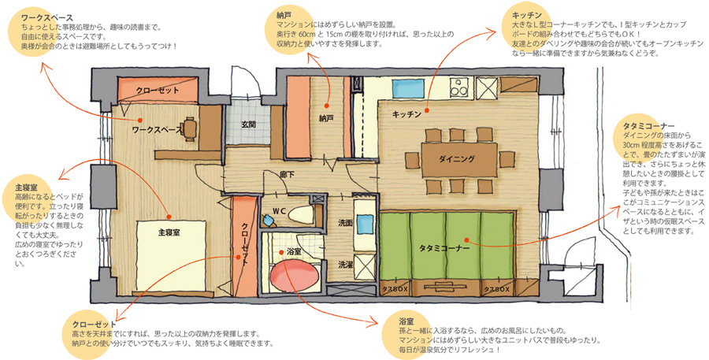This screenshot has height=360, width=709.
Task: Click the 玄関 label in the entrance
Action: [250, 124]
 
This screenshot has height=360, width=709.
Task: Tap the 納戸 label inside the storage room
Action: [326, 118]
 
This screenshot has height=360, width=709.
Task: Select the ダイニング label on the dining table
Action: [457, 159]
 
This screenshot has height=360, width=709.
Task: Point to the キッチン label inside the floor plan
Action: [406, 114]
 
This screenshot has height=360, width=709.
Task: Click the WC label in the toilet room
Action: [279, 211]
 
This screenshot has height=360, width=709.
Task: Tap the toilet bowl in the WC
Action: [299, 215]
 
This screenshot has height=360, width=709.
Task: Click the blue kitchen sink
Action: [408, 88]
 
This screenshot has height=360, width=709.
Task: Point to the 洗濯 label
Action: [346, 265]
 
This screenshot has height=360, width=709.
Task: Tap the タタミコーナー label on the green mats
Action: [444, 248]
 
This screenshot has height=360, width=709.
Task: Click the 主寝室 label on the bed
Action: [169, 232]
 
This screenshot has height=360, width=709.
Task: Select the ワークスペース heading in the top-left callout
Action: [47, 18]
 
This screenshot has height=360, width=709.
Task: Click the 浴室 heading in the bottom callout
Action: [406, 321]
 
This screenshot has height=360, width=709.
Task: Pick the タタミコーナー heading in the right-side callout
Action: [648, 126]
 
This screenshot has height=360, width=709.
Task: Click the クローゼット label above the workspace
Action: [158, 91]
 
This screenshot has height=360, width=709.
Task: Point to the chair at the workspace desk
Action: [190, 128]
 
